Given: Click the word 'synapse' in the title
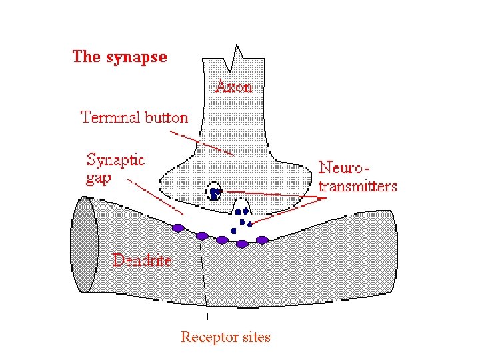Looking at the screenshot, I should coord(136,57).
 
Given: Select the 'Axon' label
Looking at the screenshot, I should coord(234,87).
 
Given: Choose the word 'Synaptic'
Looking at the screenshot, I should coord(115,161).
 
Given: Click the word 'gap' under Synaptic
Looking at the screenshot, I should coord(99,179).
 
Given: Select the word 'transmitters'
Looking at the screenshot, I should coord(357,186).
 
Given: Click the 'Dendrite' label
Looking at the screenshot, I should coord(142,260).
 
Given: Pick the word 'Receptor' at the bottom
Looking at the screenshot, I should coord(208,337).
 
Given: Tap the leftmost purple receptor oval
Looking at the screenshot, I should coord(178,228).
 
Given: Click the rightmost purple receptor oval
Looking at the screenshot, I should coord(262,239).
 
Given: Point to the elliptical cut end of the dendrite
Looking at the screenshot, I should coord(85,244).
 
